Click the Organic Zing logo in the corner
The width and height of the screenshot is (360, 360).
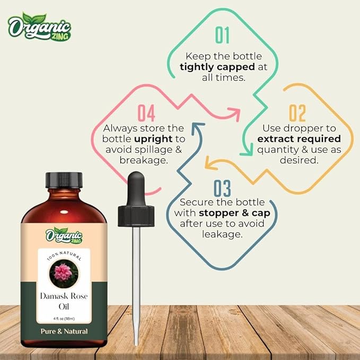click(39, 27)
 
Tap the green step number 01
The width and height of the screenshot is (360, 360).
click(222, 35)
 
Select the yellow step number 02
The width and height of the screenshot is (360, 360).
click(297, 113)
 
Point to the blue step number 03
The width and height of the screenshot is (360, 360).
click(222, 188)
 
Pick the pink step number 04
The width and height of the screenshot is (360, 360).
click(146, 113)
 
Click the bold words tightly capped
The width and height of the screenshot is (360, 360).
click(217, 67)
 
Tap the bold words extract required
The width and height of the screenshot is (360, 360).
click(299, 139)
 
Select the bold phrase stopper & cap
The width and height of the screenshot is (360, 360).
click(234, 213)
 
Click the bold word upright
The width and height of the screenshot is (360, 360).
click(153, 139)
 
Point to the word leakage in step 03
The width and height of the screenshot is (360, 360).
click(222, 234)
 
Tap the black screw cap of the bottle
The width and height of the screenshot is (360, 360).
click(64, 180)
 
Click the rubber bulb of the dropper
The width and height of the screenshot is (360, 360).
click(136, 189)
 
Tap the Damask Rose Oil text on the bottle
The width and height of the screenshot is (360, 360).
click(64, 301)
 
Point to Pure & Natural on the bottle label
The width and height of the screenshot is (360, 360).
click(64, 331)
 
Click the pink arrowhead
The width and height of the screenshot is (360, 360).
click(234, 114)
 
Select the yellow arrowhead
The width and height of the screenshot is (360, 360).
click(210, 163)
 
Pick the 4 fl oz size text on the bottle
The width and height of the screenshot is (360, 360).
click(64, 319)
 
